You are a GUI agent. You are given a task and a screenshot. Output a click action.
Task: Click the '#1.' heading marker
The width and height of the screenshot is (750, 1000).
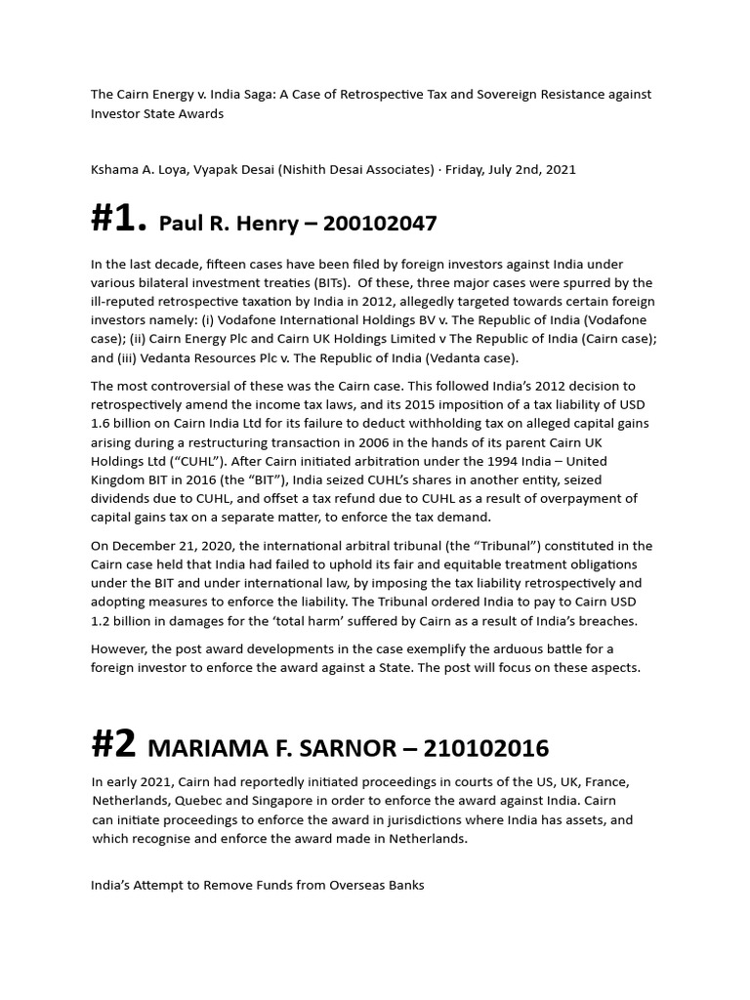point(118,221)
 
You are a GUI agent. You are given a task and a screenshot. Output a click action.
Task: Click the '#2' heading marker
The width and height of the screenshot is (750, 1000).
point(113,746)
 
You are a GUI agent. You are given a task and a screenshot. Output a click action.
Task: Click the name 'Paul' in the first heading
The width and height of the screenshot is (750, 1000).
point(180,224)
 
